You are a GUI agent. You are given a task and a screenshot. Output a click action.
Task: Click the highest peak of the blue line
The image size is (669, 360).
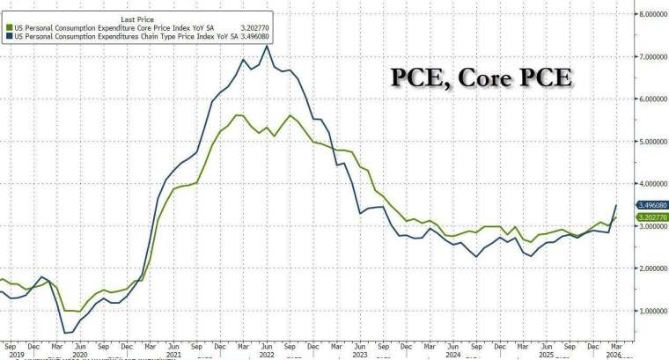pos(266,47)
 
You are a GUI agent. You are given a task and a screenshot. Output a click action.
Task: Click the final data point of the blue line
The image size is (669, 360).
pos(615,205)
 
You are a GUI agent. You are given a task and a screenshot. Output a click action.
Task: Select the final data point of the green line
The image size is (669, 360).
pos(615,217)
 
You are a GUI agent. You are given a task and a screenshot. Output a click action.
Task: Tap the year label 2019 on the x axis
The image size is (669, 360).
pos(8,355)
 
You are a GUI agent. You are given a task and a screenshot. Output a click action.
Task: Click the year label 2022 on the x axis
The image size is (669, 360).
pos(266,355)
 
